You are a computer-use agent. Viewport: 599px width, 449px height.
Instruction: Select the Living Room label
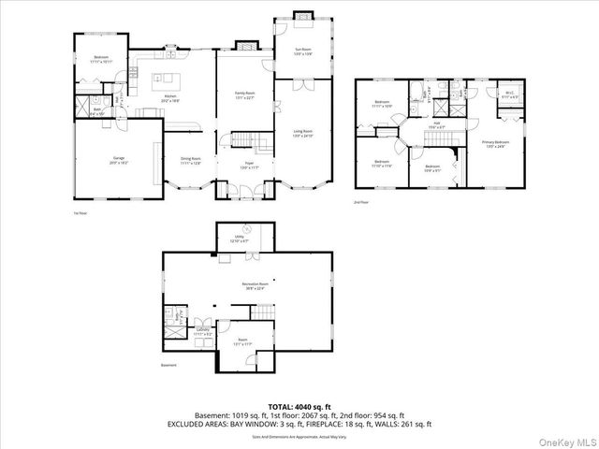pos(302,134)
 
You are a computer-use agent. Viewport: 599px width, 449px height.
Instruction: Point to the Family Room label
pos(245,96)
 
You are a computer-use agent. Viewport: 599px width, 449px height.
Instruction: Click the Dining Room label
pos(191,161)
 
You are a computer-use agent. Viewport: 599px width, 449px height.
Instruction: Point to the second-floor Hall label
pos(434,126)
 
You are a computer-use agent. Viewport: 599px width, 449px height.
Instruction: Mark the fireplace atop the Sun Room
pos(303,15)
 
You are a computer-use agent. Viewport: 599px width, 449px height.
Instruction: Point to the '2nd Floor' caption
pos(360,201)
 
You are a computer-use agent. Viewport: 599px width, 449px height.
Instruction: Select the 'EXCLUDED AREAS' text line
pos(299,424)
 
